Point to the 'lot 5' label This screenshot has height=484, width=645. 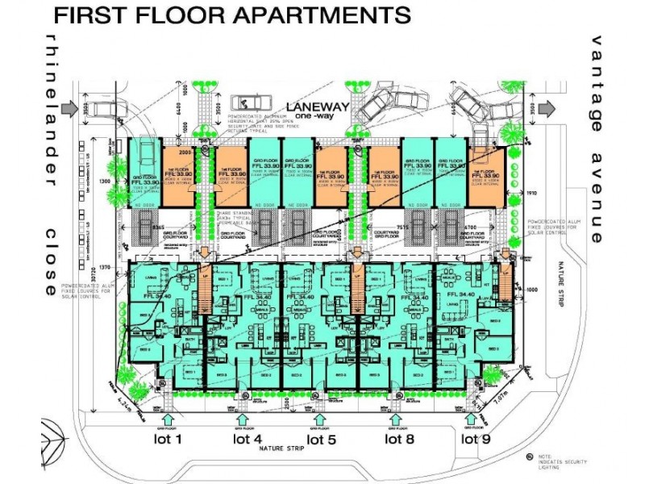pos(320,439)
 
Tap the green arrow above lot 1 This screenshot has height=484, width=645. pos(168,419)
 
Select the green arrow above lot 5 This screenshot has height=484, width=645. pos(320,419)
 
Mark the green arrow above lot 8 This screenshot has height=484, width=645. pos(395,419)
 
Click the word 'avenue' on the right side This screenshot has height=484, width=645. pos(597,198)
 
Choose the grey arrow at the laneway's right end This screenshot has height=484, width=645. pos(546,107)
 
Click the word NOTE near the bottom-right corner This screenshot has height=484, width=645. pos(549,456)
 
